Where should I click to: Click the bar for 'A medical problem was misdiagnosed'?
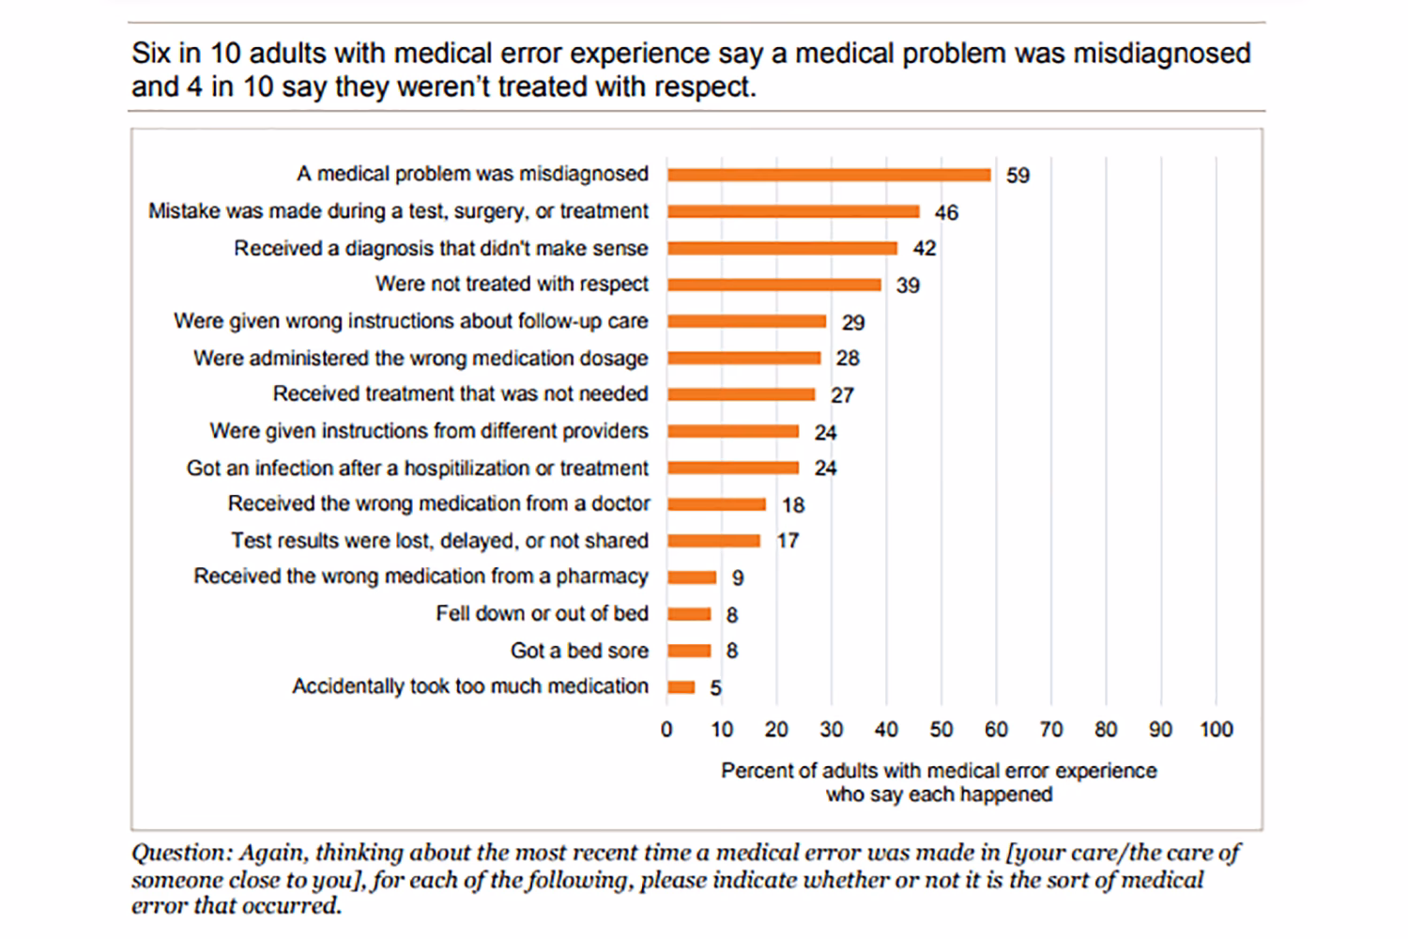coord(829,175)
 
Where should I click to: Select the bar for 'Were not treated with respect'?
coord(774,285)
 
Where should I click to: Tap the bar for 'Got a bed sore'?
coord(689,651)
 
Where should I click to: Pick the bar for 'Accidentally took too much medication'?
coord(681,687)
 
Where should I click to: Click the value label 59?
coord(1018,176)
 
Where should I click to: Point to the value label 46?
coord(946,213)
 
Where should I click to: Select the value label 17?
coord(788,541)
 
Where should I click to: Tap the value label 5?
coord(715,688)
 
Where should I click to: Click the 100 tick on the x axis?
coord(1216,730)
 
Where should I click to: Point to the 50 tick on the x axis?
coord(941,730)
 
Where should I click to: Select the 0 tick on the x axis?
coord(666,730)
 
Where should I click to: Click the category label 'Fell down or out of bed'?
coord(542,614)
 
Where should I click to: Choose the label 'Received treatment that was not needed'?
coord(460,394)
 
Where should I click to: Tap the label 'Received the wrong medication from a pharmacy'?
coord(421,577)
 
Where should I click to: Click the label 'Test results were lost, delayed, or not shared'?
coord(439,541)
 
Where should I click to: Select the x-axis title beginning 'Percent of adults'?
coord(939,782)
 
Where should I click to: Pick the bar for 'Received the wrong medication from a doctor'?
coord(716,504)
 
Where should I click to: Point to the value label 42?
coord(924,249)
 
